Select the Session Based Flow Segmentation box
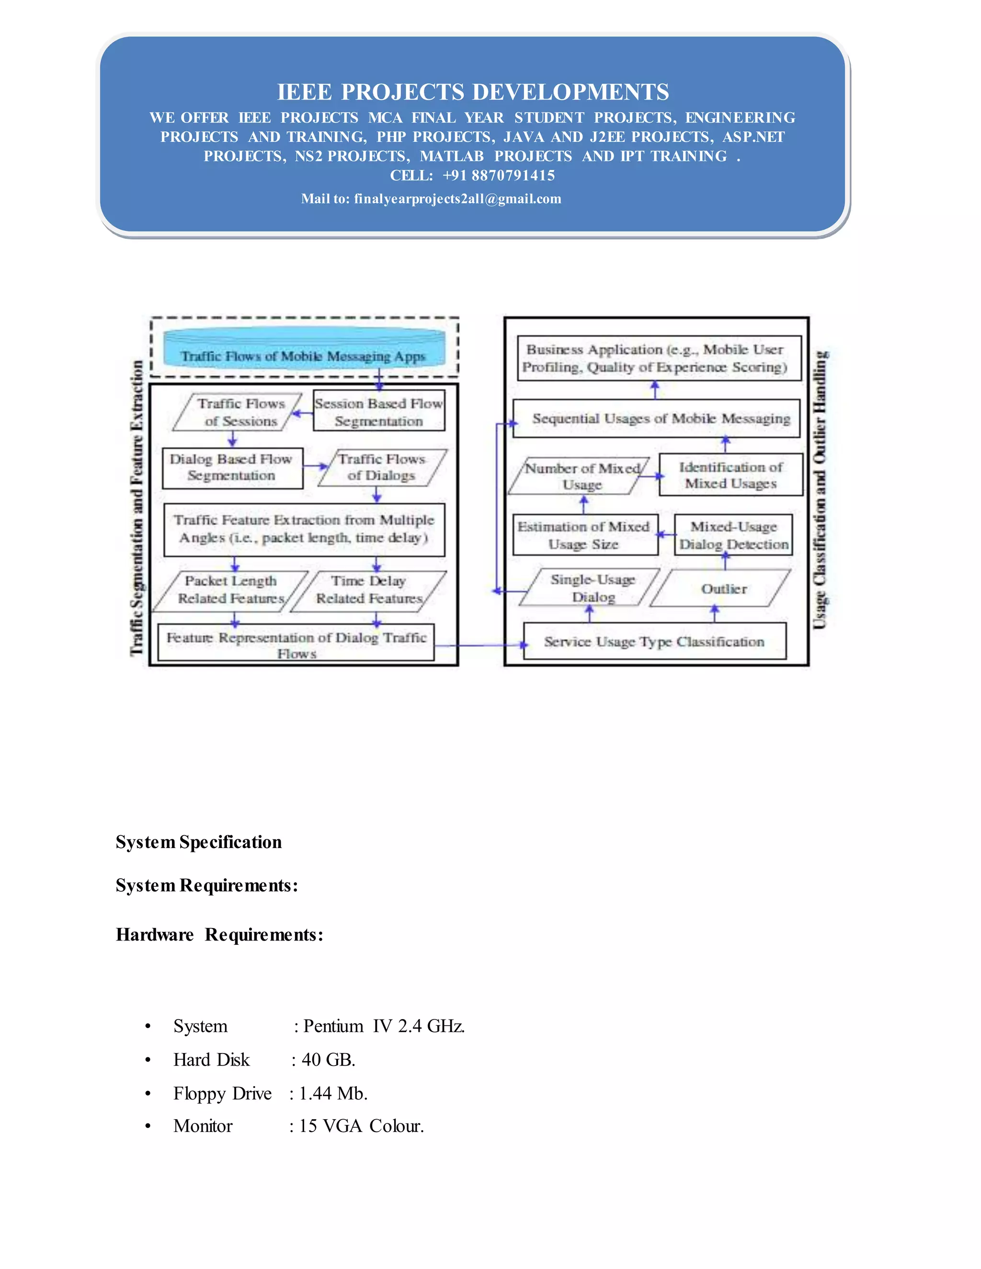click(x=379, y=411)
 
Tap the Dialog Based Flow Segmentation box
click(x=232, y=468)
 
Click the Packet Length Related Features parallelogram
click(x=231, y=590)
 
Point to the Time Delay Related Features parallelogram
click(x=368, y=590)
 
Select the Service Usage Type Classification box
click(x=654, y=642)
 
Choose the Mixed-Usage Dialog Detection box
click(x=733, y=535)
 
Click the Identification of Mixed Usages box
click(x=730, y=476)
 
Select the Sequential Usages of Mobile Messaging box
click(x=657, y=419)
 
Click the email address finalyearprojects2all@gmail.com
click(x=457, y=199)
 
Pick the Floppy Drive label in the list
click(x=222, y=1094)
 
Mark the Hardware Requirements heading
click(x=219, y=934)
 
